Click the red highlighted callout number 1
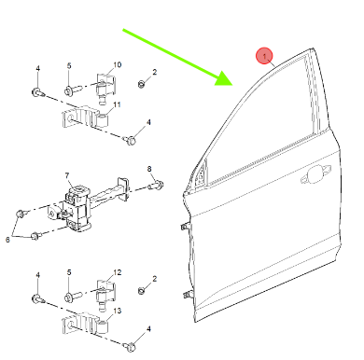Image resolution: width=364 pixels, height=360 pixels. (264, 56)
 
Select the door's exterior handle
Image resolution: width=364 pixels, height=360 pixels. (315, 174)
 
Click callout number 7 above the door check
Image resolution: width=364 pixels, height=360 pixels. (67, 175)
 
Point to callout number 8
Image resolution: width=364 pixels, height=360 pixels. (149, 169)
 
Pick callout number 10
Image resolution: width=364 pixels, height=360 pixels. (117, 64)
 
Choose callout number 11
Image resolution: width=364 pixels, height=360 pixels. (117, 104)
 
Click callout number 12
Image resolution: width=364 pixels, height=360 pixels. (117, 272)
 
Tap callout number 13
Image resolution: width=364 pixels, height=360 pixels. (117, 311)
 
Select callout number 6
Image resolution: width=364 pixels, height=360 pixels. (7, 240)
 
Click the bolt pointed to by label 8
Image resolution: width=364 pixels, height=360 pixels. (156, 186)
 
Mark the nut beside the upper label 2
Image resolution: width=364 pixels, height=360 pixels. (141, 84)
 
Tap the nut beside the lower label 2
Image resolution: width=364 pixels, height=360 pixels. (141, 291)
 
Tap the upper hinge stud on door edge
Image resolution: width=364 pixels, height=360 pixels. (185, 227)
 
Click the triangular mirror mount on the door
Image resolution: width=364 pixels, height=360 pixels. (201, 176)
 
